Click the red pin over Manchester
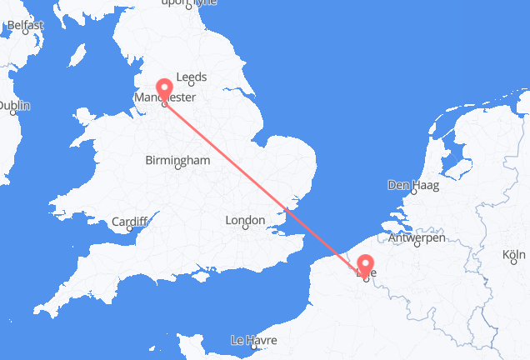163,89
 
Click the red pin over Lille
365,266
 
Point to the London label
244,221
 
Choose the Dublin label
15,106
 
